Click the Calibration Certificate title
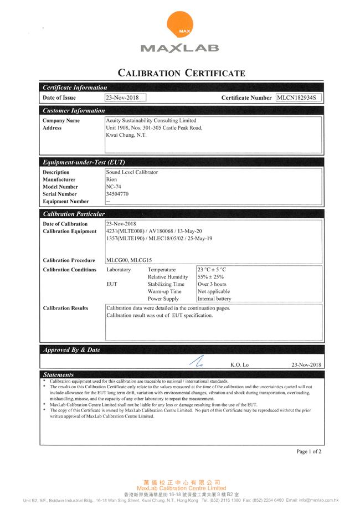coord(180,73)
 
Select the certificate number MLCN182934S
coord(299,97)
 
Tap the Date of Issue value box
coord(125,97)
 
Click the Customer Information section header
coord(74,110)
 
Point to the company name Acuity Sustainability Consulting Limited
coord(151,120)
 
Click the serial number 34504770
coord(117,194)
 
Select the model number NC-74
coord(113,187)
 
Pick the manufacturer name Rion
coord(111,180)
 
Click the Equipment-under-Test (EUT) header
coord(84,162)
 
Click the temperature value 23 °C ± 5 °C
coord(212,270)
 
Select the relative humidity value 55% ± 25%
coord(210,277)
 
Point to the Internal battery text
coord(214,299)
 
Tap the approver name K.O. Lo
coord(240,366)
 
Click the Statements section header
coord(58,375)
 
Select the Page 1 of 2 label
coord(308,452)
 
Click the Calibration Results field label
coord(65,309)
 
